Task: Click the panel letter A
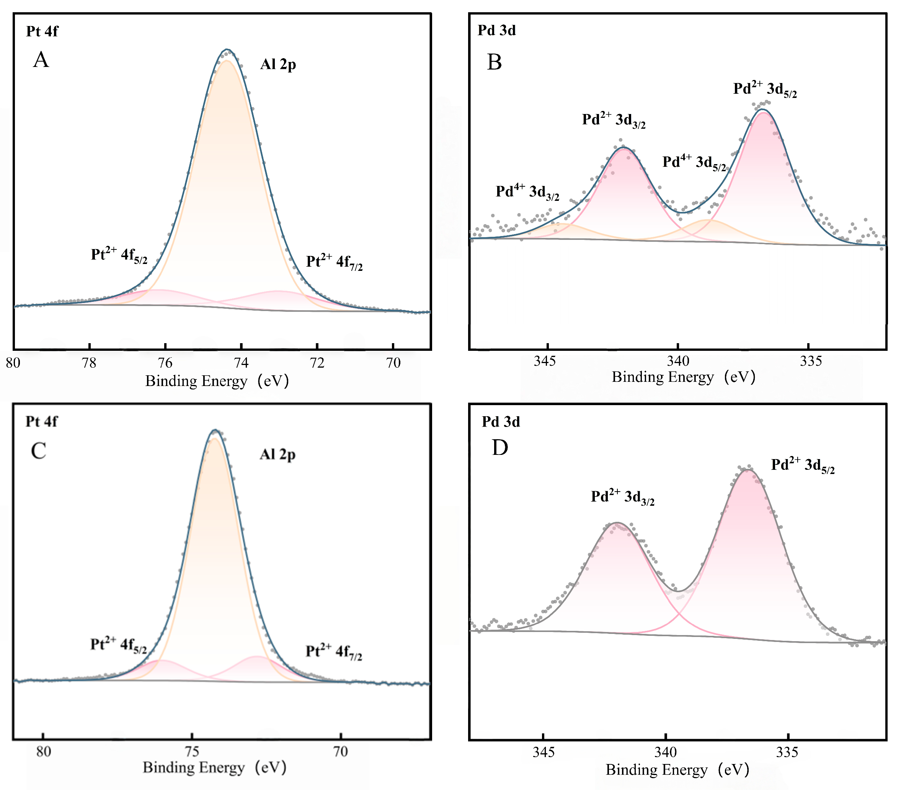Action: point(41,59)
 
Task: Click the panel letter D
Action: point(500,448)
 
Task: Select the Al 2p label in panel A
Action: point(278,65)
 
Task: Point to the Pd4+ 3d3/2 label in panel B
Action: point(527,192)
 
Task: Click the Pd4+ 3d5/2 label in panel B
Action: point(694,163)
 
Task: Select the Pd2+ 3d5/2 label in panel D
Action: point(802,465)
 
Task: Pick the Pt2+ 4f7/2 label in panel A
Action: point(334,262)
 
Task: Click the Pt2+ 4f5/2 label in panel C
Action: point(118,645)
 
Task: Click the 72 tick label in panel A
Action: point(317,363)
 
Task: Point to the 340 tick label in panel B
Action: point(678,361)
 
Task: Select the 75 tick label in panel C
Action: point(192,751)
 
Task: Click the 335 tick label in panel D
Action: point(787,752)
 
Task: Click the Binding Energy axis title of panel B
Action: point(683,377)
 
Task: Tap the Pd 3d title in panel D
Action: point(501,422)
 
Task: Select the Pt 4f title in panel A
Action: point(42,31)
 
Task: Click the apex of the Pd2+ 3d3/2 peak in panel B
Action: point(623,148)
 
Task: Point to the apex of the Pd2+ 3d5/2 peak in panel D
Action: point(748,470)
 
